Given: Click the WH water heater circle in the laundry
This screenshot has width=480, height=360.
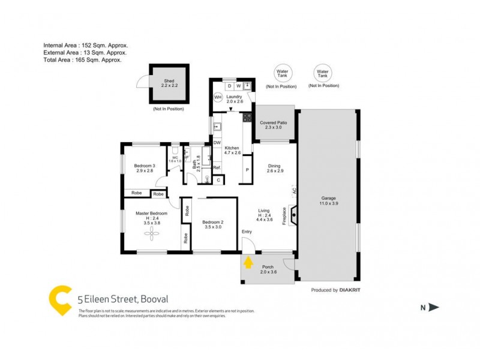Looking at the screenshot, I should (218, 97).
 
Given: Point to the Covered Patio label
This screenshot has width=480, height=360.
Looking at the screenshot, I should (273, 125).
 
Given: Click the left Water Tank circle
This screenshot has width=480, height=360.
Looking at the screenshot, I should (281, 73).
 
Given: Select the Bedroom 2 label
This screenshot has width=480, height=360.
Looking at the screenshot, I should (213, 224).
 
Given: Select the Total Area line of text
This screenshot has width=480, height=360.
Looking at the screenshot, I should (82, 60).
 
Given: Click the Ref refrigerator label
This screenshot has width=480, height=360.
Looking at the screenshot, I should (217, 167).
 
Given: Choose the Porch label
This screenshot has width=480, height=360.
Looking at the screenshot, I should (267, 269).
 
